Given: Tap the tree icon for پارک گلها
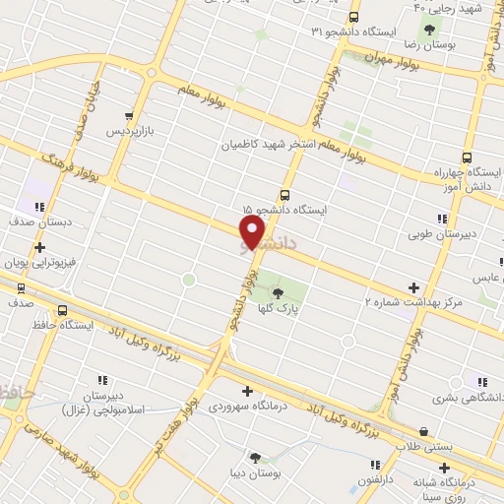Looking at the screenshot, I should click(277, 291).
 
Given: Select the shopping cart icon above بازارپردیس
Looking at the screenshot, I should click(130, 115).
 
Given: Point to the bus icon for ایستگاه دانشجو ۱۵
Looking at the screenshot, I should click(284, 194).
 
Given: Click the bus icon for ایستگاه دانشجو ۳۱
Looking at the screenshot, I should click(354, 17).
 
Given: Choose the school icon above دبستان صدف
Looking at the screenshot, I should click(38, 207).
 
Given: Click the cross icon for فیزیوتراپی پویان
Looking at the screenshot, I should click(38, 248).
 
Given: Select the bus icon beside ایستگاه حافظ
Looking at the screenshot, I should click(64, 309).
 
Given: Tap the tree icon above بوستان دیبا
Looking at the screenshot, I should click(256, 458).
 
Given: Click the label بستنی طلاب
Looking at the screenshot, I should click(424, 446).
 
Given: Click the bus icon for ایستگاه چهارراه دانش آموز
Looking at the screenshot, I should click(467, 157).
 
